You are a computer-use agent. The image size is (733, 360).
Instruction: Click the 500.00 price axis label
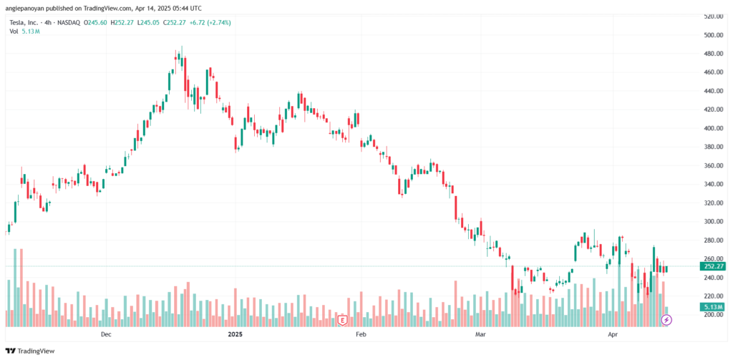pyautogui.click(x=713, y=34)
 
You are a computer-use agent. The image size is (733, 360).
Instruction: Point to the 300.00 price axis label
pyautogui.click(x=713, y=221)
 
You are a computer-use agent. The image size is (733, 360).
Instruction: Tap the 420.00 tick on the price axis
pyautogui.click(x=713, y=110)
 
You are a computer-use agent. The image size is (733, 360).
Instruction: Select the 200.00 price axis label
pyautogui.click(x=713, y=314)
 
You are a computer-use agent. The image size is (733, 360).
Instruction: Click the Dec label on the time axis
pyautogui.click(x=106, y=334)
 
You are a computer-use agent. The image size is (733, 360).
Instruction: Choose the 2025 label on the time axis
pyautogui.click(x=235, y=334)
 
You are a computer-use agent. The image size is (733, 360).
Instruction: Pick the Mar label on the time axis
pyautogui.click(x=481, y=334)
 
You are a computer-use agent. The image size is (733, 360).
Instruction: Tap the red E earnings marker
pyautogui.click(x=342, y=319)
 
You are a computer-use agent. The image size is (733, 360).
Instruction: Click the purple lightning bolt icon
pyautogui.click(x=666, y=319)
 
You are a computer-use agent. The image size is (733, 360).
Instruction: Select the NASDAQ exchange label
pyautogui.click(x=67, y=22)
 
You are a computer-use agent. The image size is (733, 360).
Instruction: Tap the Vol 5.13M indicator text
pyautogui.click(x=19, y=31)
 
